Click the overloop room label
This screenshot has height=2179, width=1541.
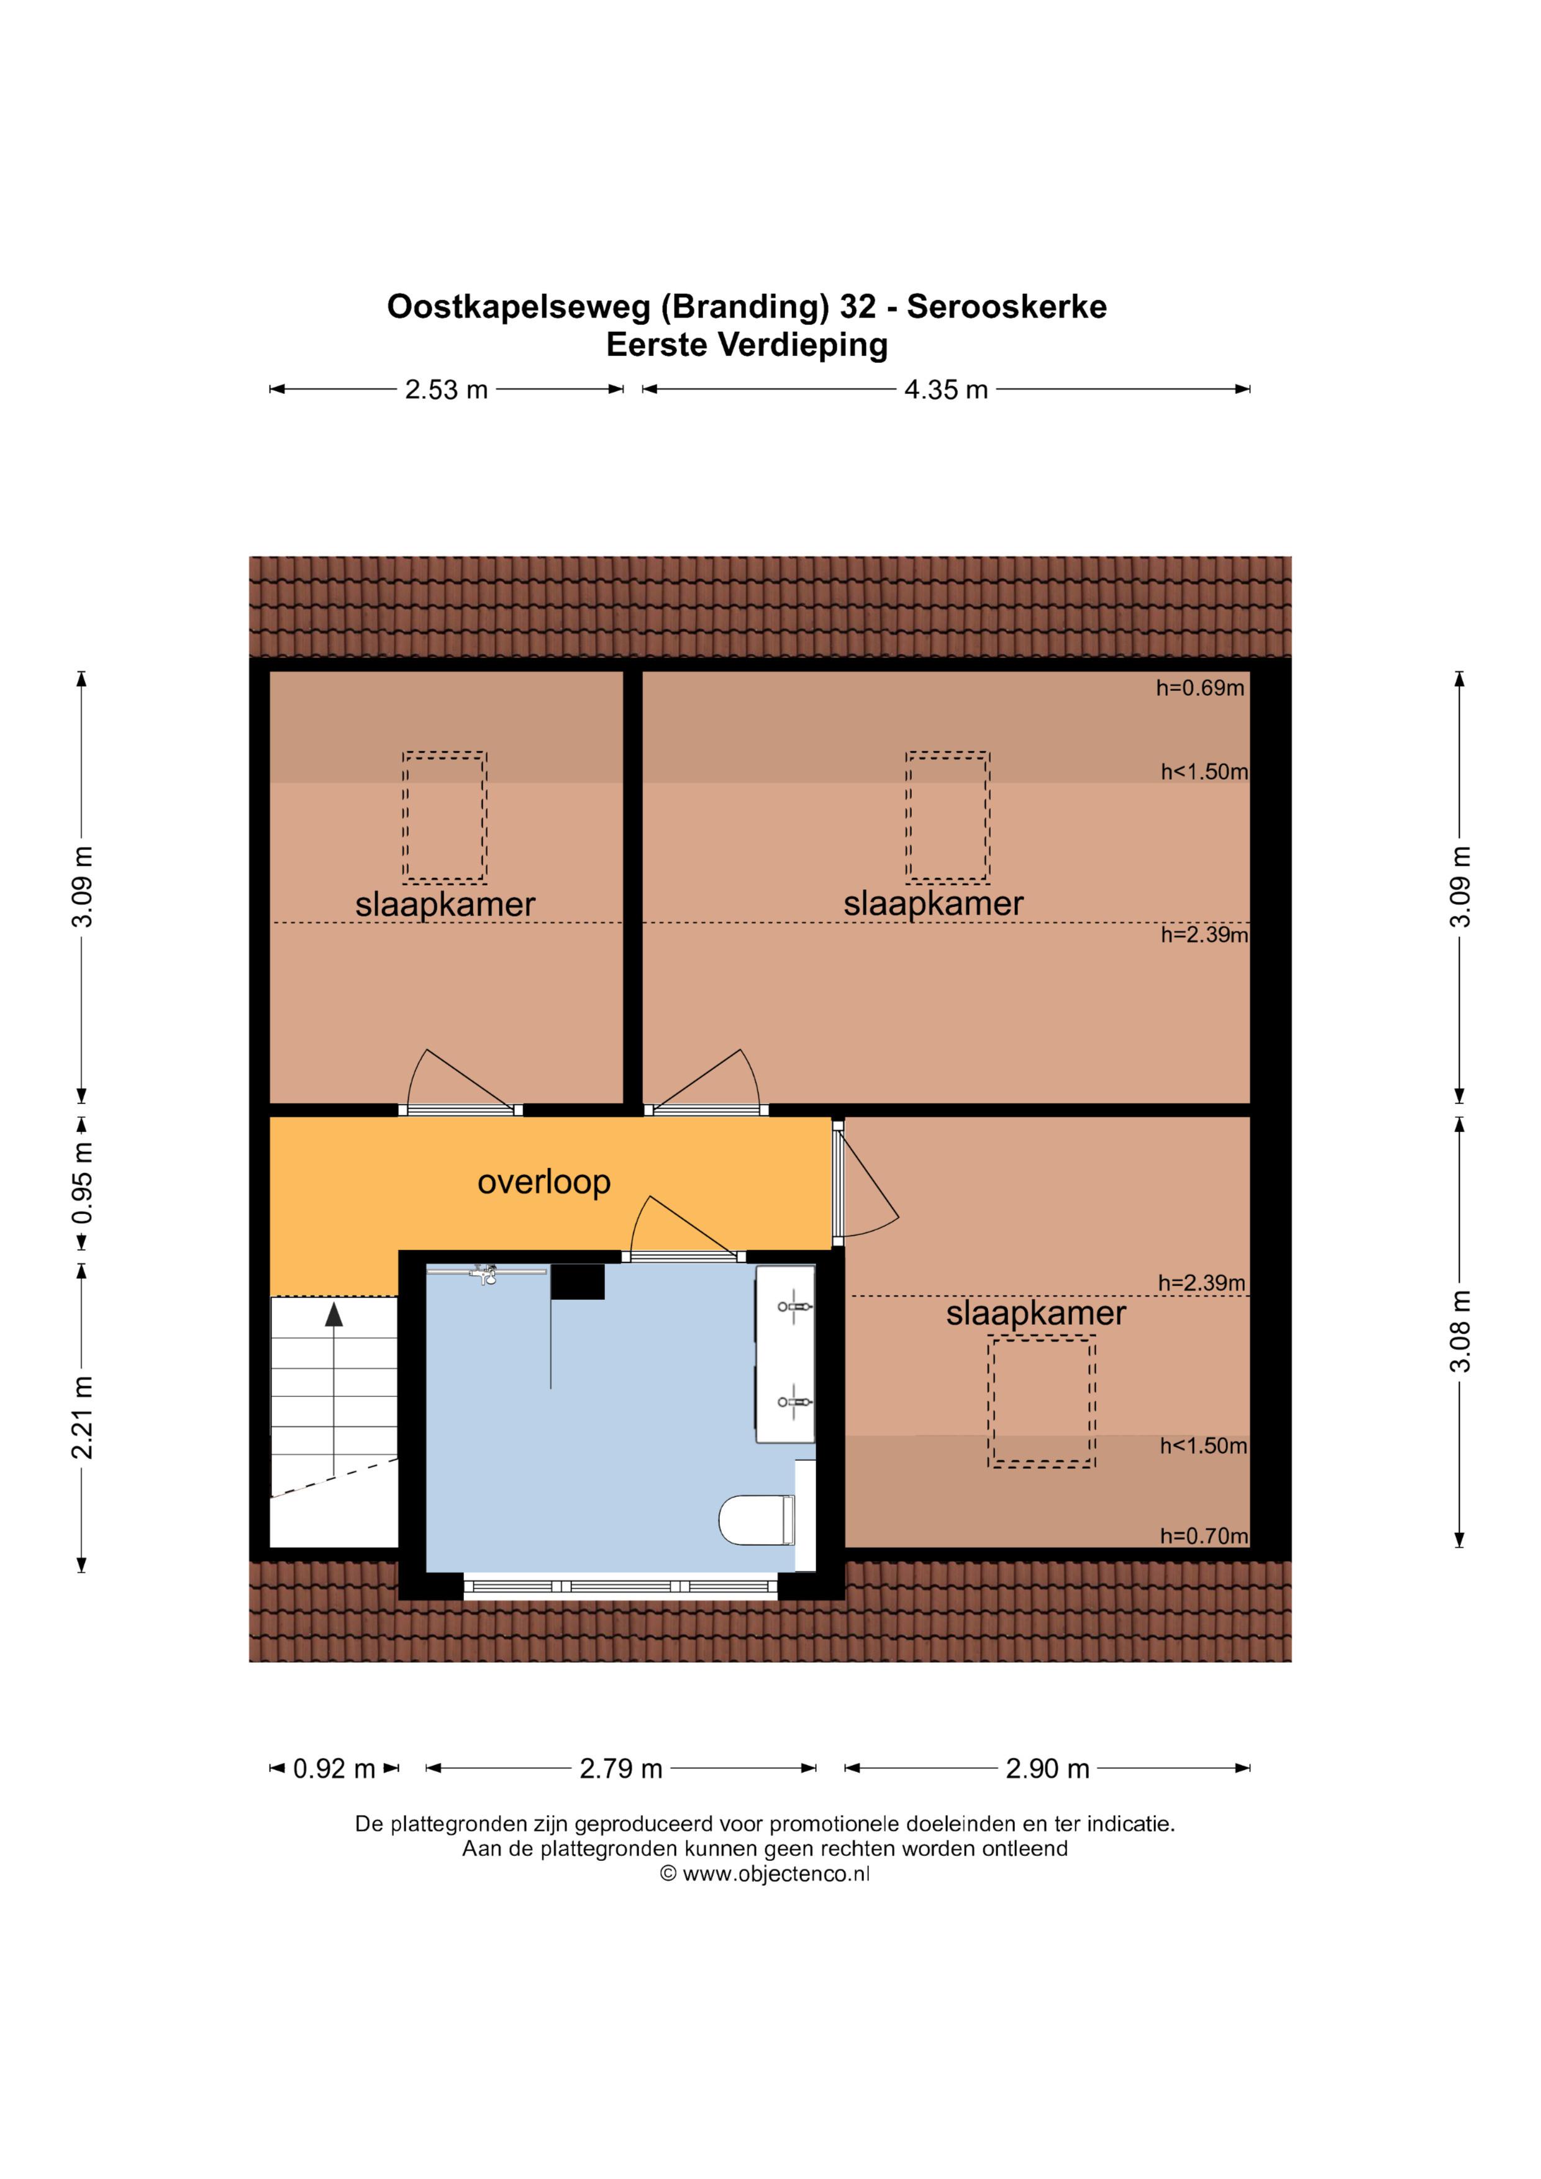pos(543,1182)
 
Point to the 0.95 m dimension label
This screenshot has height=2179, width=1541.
pos(83,1182)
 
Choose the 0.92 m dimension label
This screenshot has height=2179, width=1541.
pos(334,1769)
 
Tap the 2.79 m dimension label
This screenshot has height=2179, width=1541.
pos(620,1769)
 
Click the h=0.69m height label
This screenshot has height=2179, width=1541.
pos(1199,688)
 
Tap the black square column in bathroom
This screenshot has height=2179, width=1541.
pos(578,1281)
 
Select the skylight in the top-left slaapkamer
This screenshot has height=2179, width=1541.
pos(444,817)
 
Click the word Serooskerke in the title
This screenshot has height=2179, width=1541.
pos(1007,306)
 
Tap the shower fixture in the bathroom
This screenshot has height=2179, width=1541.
pos(486,1274)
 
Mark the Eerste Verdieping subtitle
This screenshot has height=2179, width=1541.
pos(747,344)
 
